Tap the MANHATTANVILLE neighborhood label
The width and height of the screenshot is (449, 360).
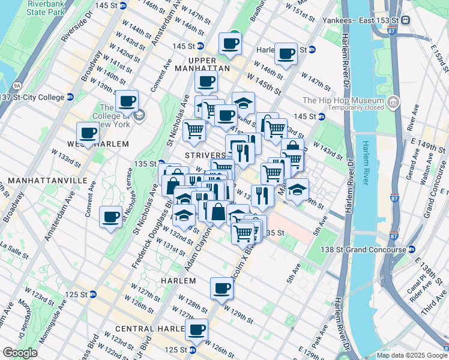point(36,180)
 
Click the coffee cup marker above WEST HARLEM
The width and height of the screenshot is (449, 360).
point(88,133)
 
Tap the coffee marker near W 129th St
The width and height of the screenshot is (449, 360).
point(221,288)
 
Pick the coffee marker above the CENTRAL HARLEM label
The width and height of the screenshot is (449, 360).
point(196,329)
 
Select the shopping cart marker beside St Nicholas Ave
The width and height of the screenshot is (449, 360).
point(194,129)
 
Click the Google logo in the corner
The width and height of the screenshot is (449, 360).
point(20,353)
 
